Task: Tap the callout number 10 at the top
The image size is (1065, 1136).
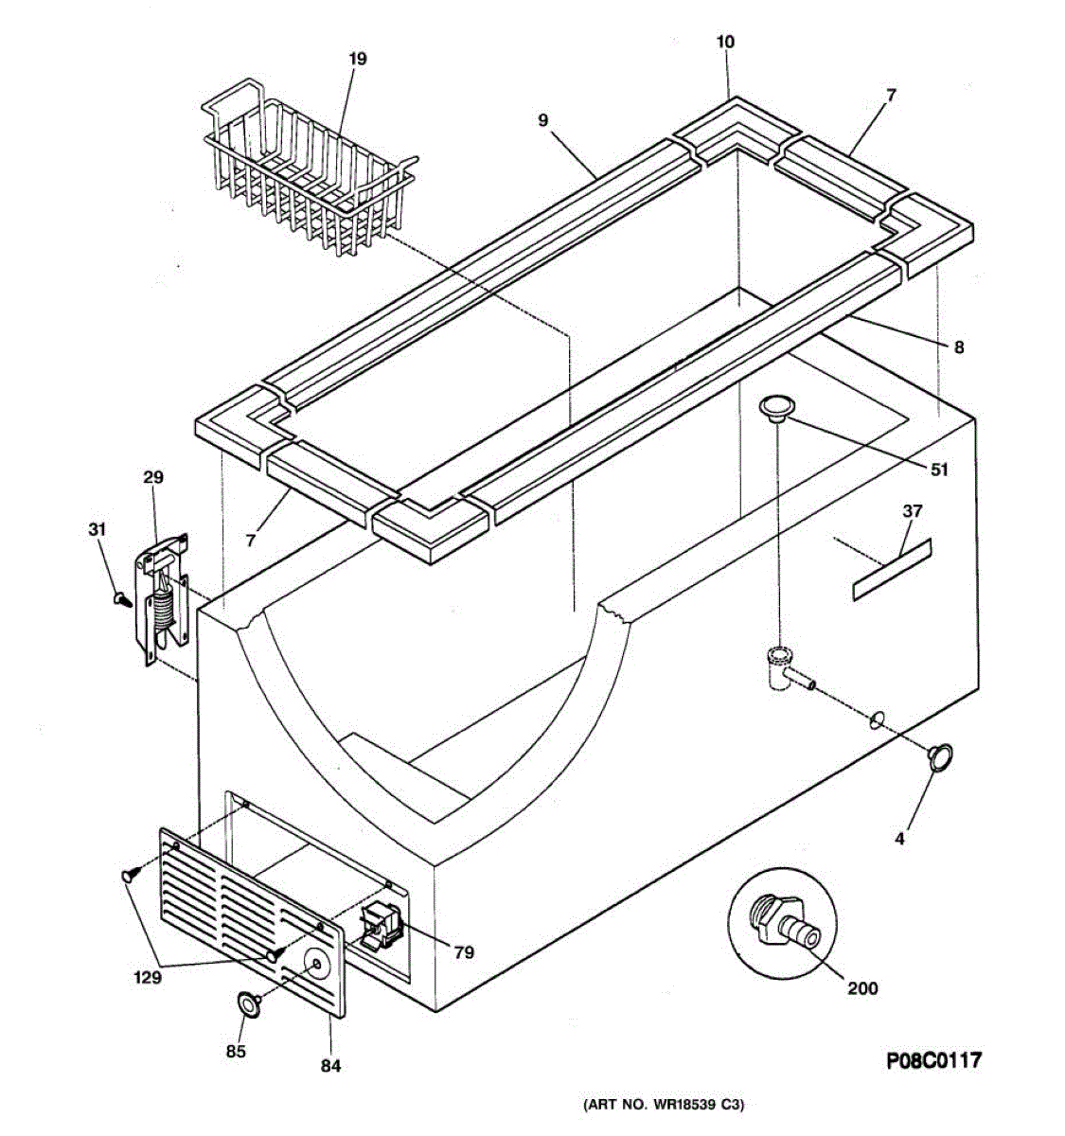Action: point(725,42)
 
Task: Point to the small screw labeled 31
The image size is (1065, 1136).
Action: point(120,597)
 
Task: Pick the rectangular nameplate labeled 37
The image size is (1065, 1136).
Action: point(892,570)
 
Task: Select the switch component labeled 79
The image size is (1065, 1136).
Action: point(382,927)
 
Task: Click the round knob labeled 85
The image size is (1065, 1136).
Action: point(249,1003)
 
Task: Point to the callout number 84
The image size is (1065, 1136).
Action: point(329,1066)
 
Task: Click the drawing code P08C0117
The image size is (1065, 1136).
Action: point(932,1059)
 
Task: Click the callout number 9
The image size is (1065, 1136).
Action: point(542,120)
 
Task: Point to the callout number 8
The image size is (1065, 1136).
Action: point(959,347)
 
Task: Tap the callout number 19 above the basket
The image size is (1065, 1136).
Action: point(356,59)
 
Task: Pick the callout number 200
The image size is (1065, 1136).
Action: point(862,988)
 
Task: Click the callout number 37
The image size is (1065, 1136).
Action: point(912,511)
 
